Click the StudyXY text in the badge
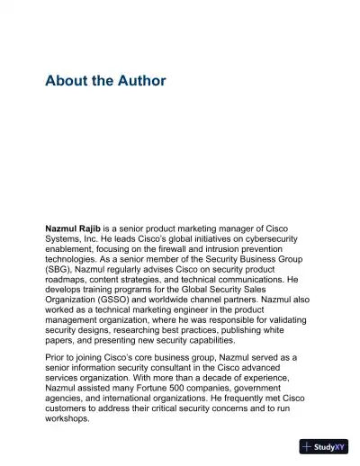click(330, 446)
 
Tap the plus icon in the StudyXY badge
click(308, 446)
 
